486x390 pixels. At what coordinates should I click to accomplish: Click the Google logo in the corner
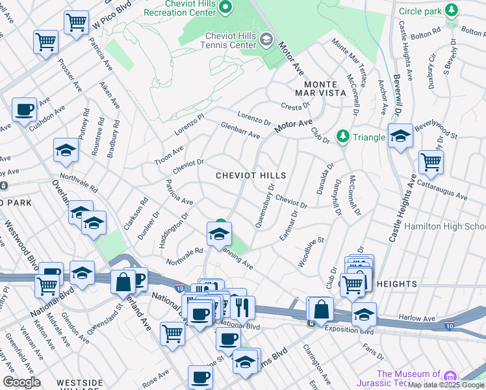coord(21,382)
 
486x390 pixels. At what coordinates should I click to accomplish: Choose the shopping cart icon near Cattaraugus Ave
coord(431,161)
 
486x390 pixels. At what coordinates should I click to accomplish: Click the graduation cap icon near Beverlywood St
coord(400,136)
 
